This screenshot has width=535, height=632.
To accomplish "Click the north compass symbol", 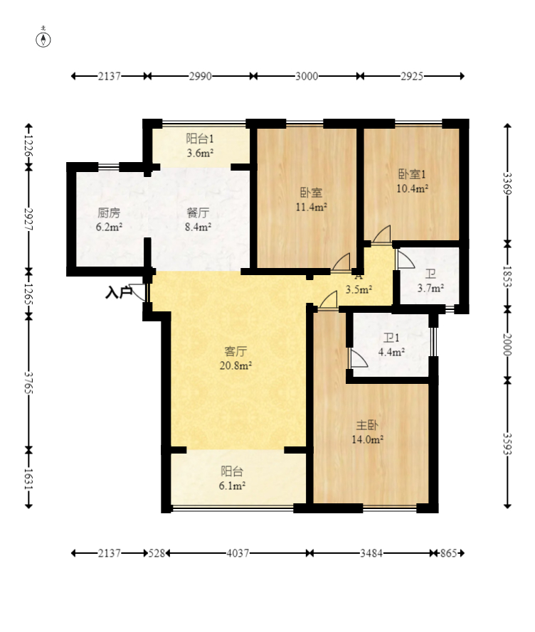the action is pyautogui.click(x=43, y=40).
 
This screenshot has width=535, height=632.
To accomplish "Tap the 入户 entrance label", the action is pyautogui.click(x=119, y=292).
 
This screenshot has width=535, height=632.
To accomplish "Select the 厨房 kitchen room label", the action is pyautogui.click(x=109, y=213).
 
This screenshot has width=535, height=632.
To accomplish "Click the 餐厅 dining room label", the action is pyautogui.click(x=198, y=213).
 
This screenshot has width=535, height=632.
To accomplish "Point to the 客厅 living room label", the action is pyautogui.click(x=235, y=351).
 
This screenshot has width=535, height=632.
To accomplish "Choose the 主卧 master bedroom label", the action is pyautogui.click(x=367, y=425).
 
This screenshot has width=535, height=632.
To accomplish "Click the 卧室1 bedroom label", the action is pyautogui.click(x=412, y=174).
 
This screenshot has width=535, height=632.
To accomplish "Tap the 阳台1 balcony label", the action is pyautogui.click(x=200, y=139).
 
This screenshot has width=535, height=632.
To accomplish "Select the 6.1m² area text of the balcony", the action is pyautogui.click(x=233, y=486).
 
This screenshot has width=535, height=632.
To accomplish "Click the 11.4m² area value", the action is pyautogui.click(x=311, y=207).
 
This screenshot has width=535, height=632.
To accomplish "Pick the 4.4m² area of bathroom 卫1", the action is pyautogui.click(x=391, y=352).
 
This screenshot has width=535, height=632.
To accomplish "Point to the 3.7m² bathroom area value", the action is pyautogui.click(x=430, y=288).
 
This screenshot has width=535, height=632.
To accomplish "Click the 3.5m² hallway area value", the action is pyautogui.click(x=359, y=289).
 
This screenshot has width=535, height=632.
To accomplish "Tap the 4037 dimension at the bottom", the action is pyautogui.click(x=238, y=553).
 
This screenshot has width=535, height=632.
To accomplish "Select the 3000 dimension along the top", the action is pyautogui.click(x=307, y=76).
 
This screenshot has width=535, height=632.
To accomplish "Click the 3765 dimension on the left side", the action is pyautogui.click(x=28, y=383).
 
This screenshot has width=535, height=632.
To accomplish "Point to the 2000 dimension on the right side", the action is pyautogui.click(x=507, y=345).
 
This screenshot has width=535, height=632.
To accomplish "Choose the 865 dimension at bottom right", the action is pyautogui.click(x=448, y=553).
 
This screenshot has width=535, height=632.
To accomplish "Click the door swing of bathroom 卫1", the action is pyautogui.click(x=359, y=358).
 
